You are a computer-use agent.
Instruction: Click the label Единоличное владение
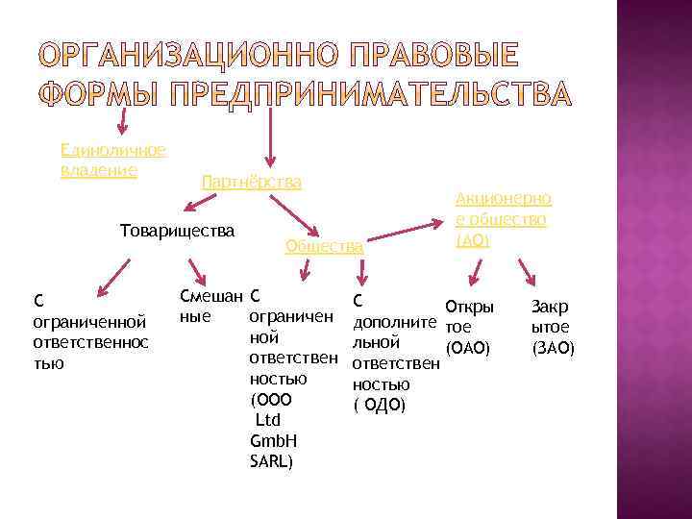(x=113, y=160)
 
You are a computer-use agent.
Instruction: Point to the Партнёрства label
(x=252, y=182)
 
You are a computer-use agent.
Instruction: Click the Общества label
(x=325, y=247)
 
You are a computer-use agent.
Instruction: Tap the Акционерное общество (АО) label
(x=503, y=219)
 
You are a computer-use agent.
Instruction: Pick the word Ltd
(x=268, y=420)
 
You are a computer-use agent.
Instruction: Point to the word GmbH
(x=274, y=440)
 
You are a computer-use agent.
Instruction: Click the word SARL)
(x=271, y=461)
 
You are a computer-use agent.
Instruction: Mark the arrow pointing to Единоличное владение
(x=122, y=120)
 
